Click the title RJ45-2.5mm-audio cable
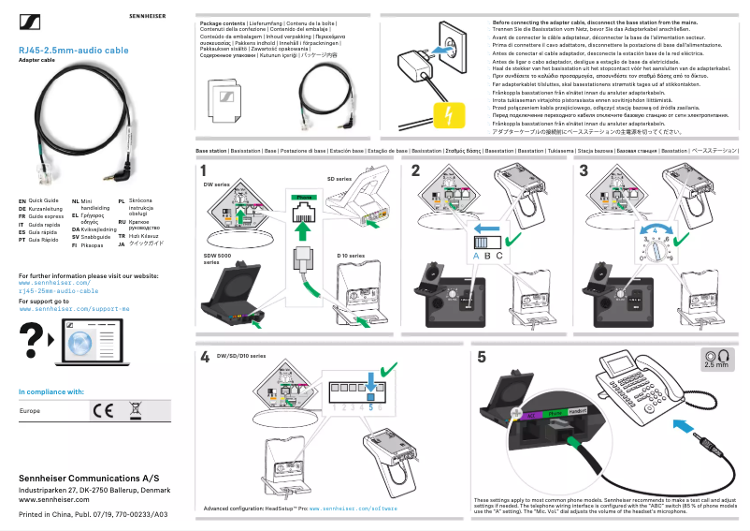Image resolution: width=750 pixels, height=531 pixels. coord(74,50)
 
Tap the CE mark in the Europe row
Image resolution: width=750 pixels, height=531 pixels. coord(102,410)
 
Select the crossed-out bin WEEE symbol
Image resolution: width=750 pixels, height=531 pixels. coord(135,410)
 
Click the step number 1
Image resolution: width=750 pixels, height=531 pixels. coord(204,170)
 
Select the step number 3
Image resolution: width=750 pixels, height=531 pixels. coord(584,170)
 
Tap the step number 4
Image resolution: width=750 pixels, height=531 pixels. coord(204,357)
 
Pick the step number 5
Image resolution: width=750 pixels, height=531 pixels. coord(482,357)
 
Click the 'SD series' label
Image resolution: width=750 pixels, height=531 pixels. coord(339,178)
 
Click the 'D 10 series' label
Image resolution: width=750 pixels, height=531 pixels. coord(351,255)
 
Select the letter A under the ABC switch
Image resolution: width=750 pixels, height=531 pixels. coord(475,255)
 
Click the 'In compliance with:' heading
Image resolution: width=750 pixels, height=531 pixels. coord(51,391)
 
